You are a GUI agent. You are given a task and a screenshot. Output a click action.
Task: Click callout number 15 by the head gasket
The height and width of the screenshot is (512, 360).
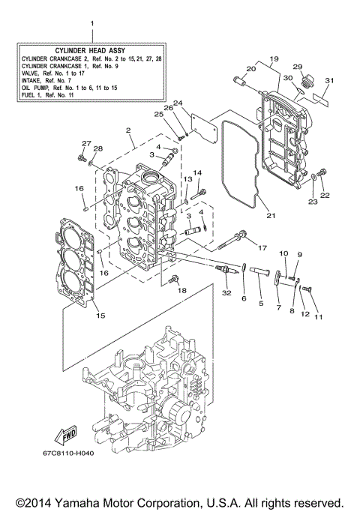(100, 316)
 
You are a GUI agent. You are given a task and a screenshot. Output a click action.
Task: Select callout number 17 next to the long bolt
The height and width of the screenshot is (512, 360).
(262, 248)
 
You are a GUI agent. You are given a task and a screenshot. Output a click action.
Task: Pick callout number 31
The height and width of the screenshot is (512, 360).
(328, 81)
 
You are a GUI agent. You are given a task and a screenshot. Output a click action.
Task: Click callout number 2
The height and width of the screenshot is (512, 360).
(129, 130)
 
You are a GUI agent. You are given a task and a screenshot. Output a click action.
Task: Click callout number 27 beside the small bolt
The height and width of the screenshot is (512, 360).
(85, 144)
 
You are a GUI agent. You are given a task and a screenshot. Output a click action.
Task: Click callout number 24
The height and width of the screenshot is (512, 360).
(178, 103)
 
